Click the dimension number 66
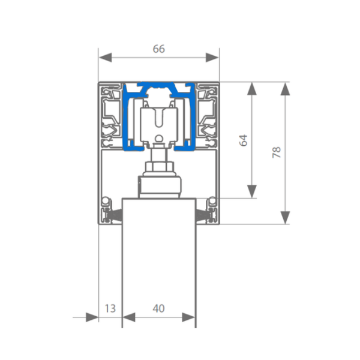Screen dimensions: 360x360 pyautogui.click(x=159, y=49)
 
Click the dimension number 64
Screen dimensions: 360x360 pyautogui.click(x=244, y=140)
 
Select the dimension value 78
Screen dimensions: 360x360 pyautogui.click(x=277, y=152)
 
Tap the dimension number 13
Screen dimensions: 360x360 pyautogui.click(x=110, y=308)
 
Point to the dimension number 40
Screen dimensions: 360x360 pyautogui.click(x=158, y=308)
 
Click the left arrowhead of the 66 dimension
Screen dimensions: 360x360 pyautogui.click(x=105, y=58)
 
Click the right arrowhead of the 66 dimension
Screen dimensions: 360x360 pyautogui.click(x=212, y=58)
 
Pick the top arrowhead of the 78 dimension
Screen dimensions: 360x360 pyautogui.click(x=285, y=89)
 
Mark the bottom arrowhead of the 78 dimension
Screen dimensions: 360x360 pyautogui.click(x=285, y=217)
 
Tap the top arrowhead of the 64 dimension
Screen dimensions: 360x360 pyautogui.click(x=252, y=89)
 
